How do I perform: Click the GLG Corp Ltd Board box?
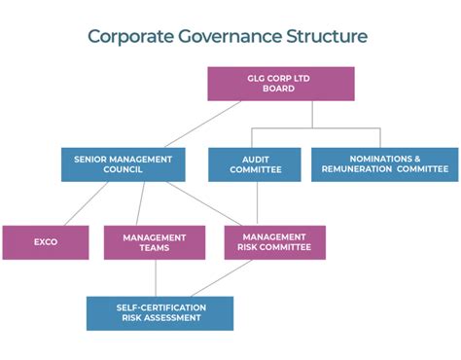[x=280, y=83]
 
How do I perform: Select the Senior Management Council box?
[x=123, y=163]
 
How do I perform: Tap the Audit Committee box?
[x=255, y=163]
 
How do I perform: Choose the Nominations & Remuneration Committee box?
[x=385, y=163]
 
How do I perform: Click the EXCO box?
[x=46, y=242]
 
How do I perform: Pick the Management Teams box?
[x=154, y=242]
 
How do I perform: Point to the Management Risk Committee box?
[x=275, y=242]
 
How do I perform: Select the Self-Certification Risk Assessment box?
[x=160, y=312]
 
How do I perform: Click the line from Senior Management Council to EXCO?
[x=78, y=203]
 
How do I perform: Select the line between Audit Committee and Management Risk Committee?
[x=257, y=203]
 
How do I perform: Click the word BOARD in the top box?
[x=280, y=89]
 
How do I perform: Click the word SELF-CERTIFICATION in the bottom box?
[x=160, y=306]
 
